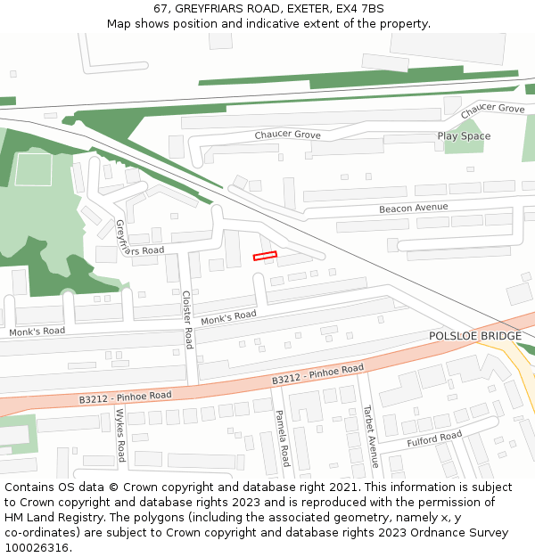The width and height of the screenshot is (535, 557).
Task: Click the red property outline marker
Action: point(265,256)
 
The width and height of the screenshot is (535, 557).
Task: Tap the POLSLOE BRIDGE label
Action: point(474,335)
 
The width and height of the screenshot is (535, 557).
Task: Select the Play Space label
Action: point(464,136)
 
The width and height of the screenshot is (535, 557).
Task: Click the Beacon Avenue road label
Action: point(413,208)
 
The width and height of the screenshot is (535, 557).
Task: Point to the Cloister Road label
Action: point(188,319)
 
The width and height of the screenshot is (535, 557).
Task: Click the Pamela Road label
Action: point(282,438)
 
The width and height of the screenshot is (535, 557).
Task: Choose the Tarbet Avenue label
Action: point(369,436)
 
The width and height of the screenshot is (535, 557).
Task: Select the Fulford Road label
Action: point(434,437)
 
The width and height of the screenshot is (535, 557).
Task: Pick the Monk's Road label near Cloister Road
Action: point(229,317)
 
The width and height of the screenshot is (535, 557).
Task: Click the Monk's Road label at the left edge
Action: point(37,332)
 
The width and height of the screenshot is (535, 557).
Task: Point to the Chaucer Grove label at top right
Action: point(493,109)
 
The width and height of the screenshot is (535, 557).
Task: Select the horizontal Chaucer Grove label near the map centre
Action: point(287,135)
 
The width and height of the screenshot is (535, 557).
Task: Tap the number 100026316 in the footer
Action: point(37,547)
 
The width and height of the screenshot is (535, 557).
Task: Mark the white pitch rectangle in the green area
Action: point(33,169)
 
